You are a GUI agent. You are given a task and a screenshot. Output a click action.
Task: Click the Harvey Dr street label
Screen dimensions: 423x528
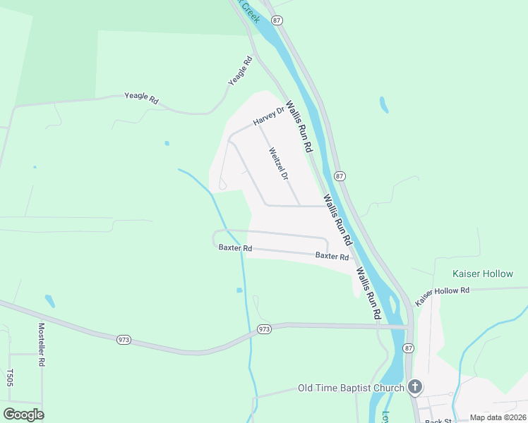pos(268,117)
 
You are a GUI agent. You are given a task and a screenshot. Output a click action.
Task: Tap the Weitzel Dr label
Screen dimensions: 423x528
pos(278,163)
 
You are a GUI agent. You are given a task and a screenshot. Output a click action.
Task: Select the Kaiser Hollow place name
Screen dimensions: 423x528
pos(483,274)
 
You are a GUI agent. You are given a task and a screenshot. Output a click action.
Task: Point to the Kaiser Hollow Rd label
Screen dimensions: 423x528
pos(442,295)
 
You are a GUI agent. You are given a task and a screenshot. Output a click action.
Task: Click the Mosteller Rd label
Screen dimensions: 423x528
pos(41,344)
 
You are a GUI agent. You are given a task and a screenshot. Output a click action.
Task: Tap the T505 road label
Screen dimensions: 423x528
pos(10,377)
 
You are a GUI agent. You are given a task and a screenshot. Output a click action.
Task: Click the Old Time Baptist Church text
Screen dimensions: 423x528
pos(351,388)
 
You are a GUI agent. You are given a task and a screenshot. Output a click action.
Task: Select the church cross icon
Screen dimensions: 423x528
pos(415,386)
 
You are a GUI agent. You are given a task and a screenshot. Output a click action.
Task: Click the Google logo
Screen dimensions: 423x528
pos(23,415)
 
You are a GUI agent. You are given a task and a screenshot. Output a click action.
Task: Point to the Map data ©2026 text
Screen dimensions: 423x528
pos(497,417)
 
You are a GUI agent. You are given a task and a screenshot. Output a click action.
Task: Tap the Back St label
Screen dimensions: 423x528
pos(438,421)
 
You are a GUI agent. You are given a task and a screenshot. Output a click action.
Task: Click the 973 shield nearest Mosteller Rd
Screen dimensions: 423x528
pos(123,340)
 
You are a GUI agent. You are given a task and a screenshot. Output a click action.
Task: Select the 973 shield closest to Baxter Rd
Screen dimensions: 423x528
pos(264,329)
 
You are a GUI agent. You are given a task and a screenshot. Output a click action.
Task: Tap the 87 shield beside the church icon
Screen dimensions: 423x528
pos(408,348)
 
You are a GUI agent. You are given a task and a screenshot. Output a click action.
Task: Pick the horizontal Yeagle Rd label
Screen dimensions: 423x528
pos(141,98)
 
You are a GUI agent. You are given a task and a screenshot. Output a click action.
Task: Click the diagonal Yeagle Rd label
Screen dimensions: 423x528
pos(240,72)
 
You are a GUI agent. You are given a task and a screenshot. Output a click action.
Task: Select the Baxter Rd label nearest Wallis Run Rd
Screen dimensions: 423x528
pos(332,257)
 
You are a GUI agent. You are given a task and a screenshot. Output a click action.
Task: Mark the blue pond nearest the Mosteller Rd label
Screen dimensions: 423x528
pos(49,301)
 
